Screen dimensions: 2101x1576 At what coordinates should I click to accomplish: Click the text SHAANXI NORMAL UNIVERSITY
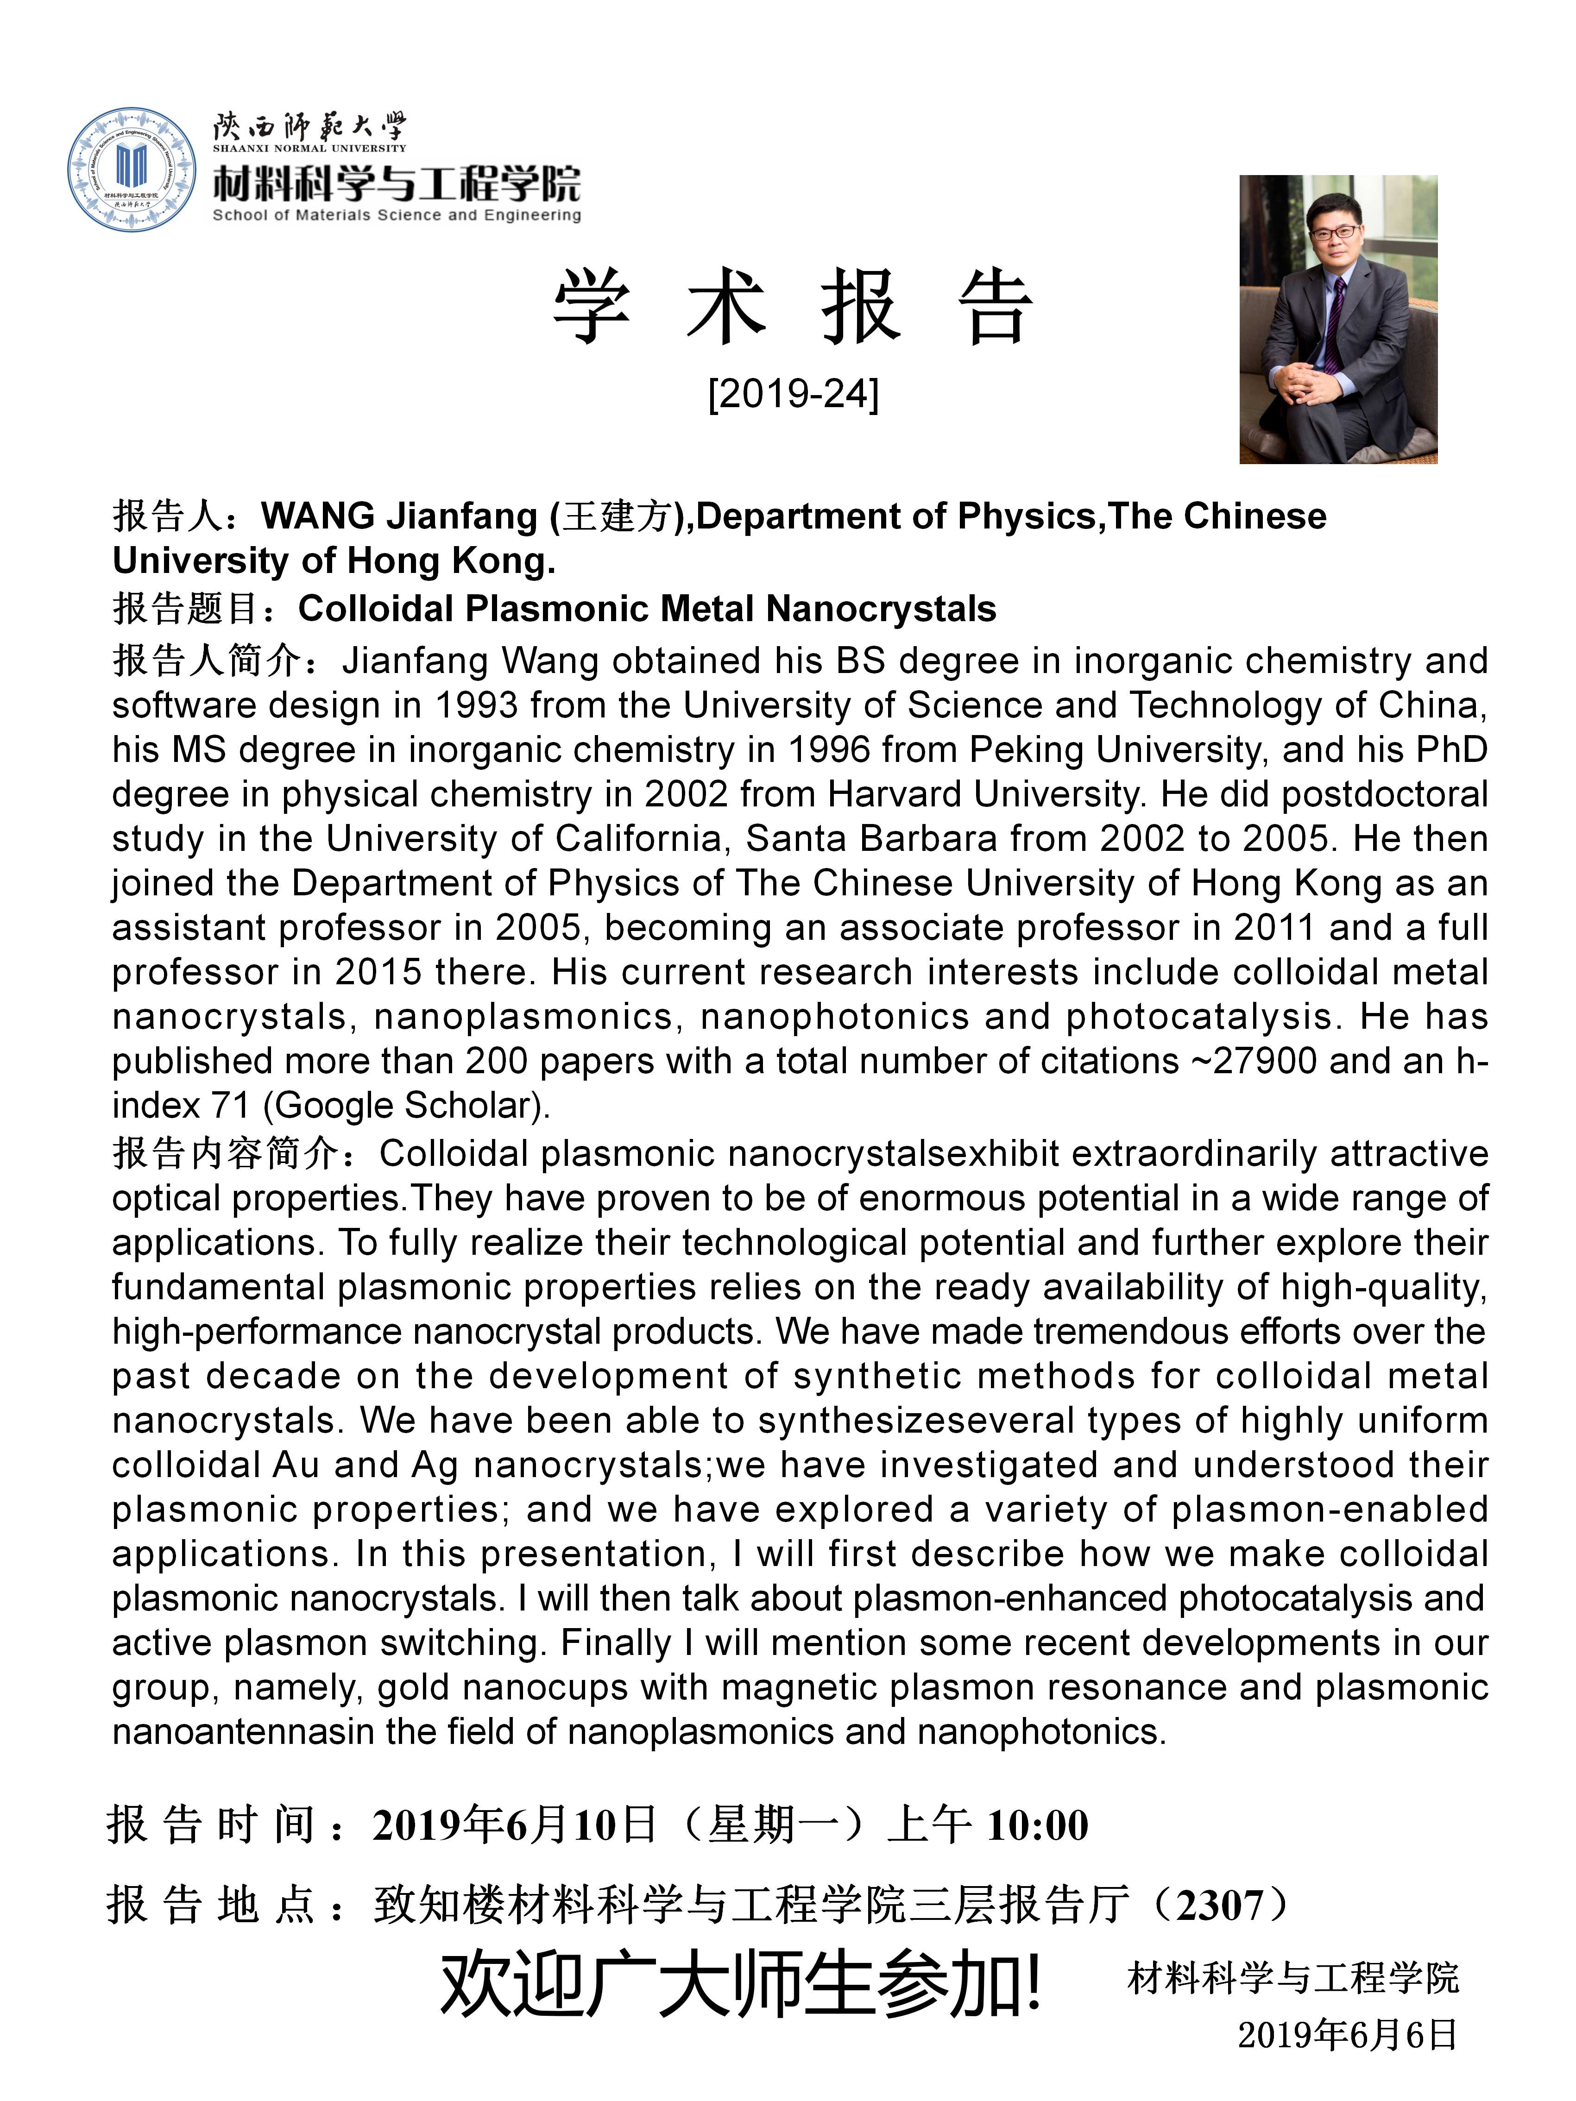tap(310, 148)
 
